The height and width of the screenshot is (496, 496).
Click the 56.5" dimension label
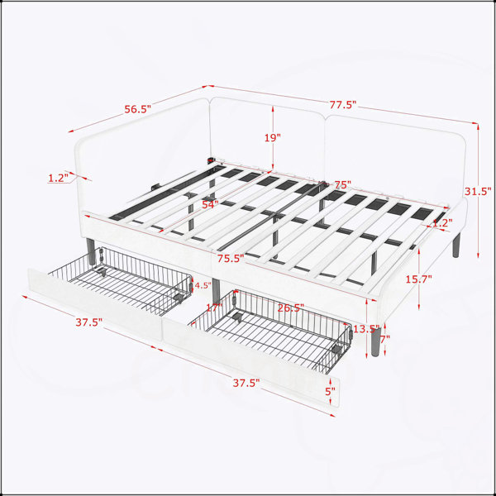click(137, 109)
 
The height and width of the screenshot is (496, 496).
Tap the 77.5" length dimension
click(343, 104)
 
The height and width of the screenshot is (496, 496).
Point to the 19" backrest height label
click(273, 137)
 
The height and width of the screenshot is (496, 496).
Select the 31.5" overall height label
click(478, 192)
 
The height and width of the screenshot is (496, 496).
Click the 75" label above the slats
click(342, 184)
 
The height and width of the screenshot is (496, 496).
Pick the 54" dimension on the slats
click(210, 204)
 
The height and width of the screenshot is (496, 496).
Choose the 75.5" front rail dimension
click(231, 259)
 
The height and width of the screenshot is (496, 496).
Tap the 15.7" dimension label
click(419, 279)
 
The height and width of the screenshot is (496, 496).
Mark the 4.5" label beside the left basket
click(203, 285)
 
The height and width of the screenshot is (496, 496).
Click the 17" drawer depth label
click(214, 307)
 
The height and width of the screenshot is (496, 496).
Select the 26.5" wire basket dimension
click(291, 308)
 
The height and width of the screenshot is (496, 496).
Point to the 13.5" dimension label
click(366, 329)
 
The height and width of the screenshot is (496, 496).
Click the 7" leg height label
click(385, 340)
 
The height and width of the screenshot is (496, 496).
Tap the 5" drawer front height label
click(330, 391)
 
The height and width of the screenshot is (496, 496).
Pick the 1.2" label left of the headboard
click(58, 178)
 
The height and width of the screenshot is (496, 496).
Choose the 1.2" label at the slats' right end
click(442, 223)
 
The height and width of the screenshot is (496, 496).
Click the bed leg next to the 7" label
click(376, 341)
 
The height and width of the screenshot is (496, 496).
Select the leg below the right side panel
click(455, 246)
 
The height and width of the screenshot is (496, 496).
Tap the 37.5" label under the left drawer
click(89, 322)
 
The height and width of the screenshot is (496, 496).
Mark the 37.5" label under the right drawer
click(246, 383)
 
